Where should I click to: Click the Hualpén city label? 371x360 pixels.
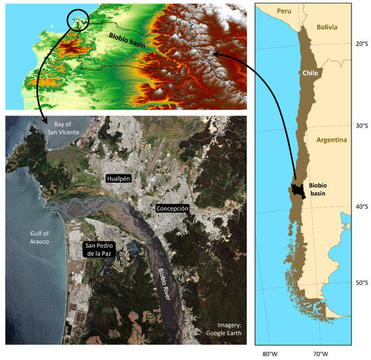119,179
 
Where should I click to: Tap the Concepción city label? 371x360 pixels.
172,209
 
